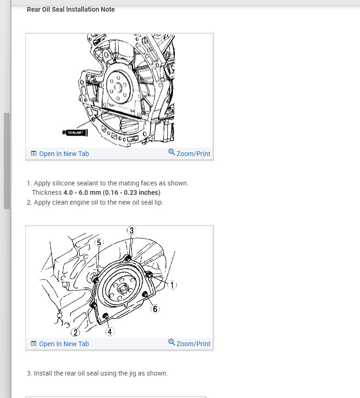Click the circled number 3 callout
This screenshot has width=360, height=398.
tap(131, 230)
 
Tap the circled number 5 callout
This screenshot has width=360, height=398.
tap(99, 242)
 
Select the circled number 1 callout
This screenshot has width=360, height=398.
tap(172, 285)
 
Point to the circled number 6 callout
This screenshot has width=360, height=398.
tap(155, 309)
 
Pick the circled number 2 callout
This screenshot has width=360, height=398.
tap(75, 332)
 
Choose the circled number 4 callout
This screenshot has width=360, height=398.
tap(110, 332)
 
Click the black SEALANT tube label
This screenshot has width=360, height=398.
tap(75, 133)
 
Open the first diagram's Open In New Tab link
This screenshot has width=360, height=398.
tap(60, 154)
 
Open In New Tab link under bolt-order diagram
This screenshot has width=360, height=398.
tap(60, 344)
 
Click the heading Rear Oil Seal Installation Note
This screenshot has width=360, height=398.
tap(71, 9)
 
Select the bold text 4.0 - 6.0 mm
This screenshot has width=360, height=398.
tap(82, 192)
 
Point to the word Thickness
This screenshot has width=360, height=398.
tap(47, 192)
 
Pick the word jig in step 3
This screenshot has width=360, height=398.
tap(132, 373)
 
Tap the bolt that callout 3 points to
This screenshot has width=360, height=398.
tap(128, 258)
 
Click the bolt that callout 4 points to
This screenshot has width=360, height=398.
tap(106, 316)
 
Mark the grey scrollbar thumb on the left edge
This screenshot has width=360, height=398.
tap(7, 161)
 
